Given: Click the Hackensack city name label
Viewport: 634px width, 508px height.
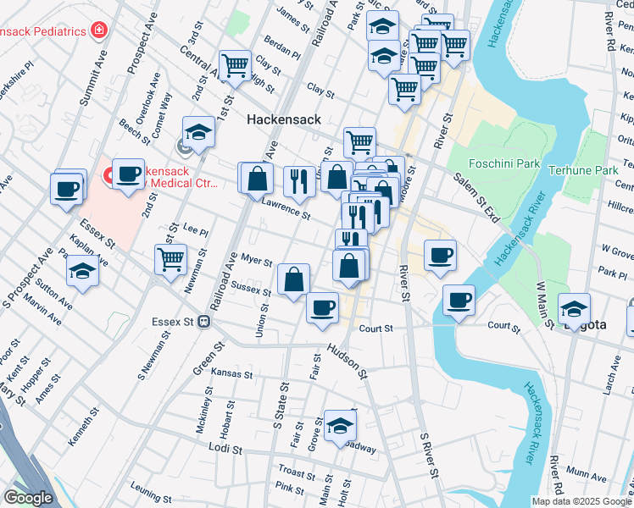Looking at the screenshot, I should tap(283, 119).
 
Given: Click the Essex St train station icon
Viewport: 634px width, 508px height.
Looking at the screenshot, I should tap(203, 322).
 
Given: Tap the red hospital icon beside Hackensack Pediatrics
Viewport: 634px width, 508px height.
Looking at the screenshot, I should tap(100, 30).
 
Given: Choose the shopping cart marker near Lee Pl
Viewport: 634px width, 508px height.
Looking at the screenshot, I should tap(170, 258).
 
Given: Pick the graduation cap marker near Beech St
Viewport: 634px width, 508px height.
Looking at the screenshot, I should tap(198, 132).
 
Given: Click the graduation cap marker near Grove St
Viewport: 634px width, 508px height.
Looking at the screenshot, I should tap(339, 427).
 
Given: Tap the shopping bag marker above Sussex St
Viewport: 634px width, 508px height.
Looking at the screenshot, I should tap(293, 280).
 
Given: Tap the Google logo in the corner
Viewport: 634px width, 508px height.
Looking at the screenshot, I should tap(28, 498).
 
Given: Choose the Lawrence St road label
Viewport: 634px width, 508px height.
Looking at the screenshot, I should tap(285, 207).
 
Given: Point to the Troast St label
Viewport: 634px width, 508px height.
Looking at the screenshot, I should tap(297, 472).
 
